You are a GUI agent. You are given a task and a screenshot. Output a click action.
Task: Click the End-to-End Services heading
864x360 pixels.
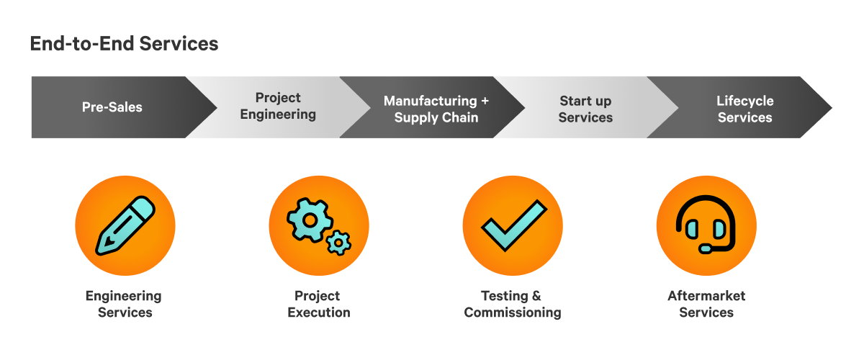pos(124,44)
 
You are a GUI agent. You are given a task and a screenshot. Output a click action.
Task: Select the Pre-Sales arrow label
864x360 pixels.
pos(112,107)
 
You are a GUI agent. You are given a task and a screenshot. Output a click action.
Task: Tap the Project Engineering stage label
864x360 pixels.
pos(278,106)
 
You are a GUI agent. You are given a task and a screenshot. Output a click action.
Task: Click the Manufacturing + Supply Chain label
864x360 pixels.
pos(436,109)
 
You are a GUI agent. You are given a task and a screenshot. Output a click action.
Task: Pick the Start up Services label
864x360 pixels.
pos(585,109)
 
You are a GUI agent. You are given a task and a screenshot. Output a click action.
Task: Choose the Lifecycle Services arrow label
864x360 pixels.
pos(744,109)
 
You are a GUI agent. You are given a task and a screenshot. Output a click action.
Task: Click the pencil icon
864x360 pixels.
pos(125,225)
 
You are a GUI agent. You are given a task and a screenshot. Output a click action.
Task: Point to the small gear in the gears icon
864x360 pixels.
pos(337,243)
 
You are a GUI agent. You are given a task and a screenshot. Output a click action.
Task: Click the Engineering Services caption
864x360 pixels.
pos(124,304)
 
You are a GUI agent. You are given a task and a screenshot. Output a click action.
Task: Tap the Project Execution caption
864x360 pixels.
pos(318,304)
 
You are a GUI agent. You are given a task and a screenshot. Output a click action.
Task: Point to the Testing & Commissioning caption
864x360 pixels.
pos(512,304)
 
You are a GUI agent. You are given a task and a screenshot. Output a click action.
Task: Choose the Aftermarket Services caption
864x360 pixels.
pos(706,304)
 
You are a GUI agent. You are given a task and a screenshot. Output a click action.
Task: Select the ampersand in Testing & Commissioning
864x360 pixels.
pos(536,296)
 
